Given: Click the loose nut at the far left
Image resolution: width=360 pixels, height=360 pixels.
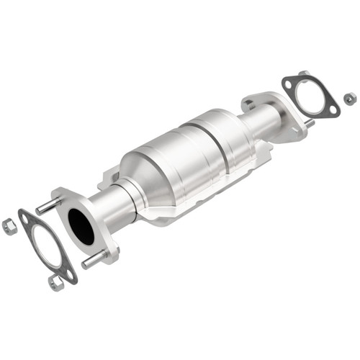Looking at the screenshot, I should pos(9,225).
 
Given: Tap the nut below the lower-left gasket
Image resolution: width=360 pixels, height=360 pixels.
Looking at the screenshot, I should pos(55,282).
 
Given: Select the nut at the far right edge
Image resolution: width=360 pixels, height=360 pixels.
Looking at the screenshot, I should pos(349,98).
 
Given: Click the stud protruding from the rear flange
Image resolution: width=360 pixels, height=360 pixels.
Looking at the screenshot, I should pos(309,123).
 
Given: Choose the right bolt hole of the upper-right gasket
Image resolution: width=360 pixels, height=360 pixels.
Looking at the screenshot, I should pos(333,110).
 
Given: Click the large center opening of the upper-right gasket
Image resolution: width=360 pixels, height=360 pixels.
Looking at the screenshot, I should pos(310,95).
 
